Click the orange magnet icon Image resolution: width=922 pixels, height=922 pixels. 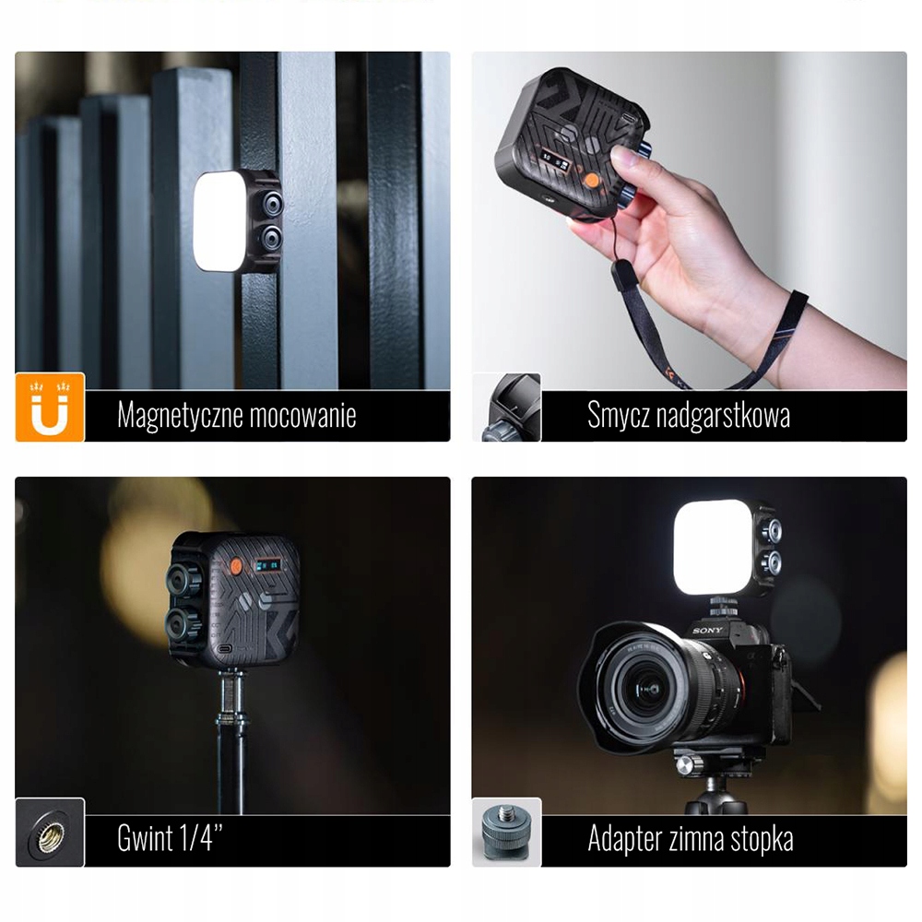click(x=50, y=407)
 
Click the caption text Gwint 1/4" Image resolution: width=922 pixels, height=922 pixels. click(x=171, y=839)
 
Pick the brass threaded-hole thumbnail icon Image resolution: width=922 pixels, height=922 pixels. click(x=50, y=833)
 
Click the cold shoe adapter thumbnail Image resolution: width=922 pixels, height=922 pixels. click(x=506, y=833)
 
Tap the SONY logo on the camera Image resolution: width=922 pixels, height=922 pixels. click(x=709, y=630)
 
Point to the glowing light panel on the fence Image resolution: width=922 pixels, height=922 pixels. click(x=219, y=221)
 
